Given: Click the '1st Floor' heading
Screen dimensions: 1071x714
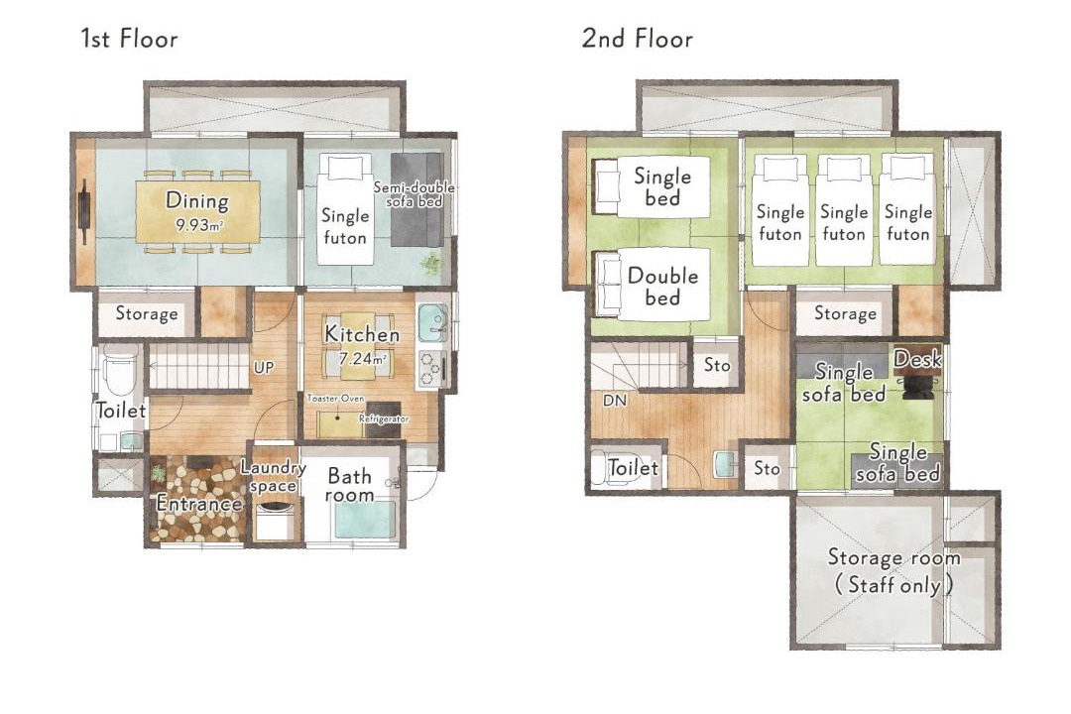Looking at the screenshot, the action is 129,39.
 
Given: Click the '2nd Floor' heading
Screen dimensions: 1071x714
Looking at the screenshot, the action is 638,39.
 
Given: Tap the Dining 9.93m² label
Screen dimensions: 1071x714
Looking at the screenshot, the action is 197,210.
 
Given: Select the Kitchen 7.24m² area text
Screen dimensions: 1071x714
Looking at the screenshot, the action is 362,344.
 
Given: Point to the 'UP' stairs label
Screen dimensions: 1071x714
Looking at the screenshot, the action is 264,368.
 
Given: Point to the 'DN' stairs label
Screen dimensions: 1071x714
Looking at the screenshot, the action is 615,401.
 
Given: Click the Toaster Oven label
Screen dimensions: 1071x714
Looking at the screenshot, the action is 335,398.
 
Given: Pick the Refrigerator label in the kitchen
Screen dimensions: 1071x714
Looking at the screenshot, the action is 384,418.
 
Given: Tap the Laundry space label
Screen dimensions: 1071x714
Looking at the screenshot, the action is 274,476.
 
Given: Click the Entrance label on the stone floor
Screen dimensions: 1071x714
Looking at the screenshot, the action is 198,504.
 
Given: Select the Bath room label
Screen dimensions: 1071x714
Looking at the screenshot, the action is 350,484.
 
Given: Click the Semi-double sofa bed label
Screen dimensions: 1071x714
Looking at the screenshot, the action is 414,194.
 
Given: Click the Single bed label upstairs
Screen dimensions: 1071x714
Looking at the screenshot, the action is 662,186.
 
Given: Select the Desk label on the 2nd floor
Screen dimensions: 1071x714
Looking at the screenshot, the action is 917,359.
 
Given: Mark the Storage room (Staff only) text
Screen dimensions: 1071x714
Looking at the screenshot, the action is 894,570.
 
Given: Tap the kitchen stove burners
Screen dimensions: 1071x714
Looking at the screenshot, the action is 429,370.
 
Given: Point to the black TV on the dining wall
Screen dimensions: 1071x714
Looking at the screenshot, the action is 84,211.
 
